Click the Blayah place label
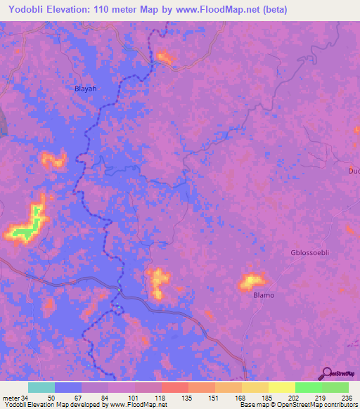(85, 89)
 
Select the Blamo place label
(264, 295)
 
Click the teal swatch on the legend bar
(41, 387)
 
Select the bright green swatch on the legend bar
(308, 387)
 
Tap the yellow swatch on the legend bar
(281, 387)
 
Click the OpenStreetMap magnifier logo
(326, 374)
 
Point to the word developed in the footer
(84, 405)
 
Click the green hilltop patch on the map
(27, 231)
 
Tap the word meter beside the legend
(11, 398)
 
